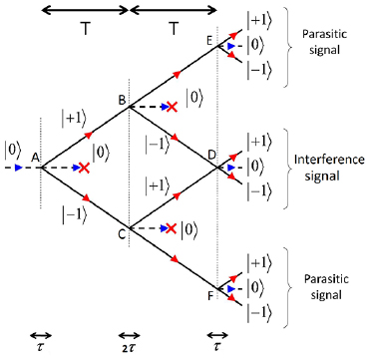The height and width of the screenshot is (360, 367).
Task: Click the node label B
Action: (x=122, y=100)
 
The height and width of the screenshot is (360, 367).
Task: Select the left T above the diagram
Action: (x=84, y=30)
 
